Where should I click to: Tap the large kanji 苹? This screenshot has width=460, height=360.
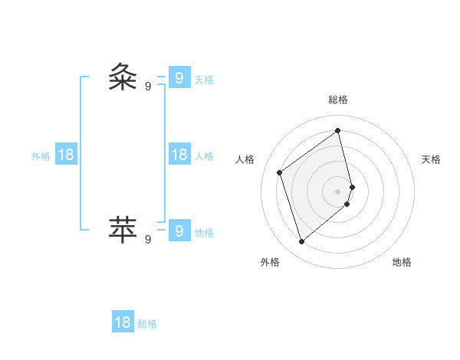click(x=123, y=228)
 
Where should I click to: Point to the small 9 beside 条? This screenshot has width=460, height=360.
click(x=148, y=87)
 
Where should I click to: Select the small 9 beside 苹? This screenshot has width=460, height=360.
click(x=148, y=239)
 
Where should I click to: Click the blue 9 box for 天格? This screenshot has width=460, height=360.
click(x=179, y=77)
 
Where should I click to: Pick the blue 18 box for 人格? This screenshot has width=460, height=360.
click(x=179, y=155)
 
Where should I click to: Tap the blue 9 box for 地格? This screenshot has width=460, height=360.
click(x=179, y=230)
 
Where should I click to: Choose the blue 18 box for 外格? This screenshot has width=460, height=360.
click(x=66, y=155)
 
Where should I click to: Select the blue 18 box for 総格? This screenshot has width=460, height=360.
click(x=123, y=322)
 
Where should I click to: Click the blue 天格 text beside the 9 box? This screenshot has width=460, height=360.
click(x=204, y=80)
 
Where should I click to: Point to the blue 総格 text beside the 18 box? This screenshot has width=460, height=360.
click(x=147, y=324)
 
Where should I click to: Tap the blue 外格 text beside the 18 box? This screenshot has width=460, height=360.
click(x=41, y=156)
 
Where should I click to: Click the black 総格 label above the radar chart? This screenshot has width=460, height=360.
click(x=338, y=100)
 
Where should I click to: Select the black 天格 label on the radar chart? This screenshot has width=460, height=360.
click(x=432, y=159)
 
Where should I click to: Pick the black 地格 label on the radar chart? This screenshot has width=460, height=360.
click(x=402, y=262)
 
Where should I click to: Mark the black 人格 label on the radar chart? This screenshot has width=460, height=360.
click(x=245, y=159)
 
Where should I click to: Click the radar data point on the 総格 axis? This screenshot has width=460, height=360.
click(x=338, y=131)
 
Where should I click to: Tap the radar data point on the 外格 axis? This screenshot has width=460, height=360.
click(x=301, y=242)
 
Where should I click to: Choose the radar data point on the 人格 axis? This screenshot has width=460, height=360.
click(x=280, y=172)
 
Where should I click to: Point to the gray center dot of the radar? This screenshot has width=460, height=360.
click(x=338, y=191)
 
